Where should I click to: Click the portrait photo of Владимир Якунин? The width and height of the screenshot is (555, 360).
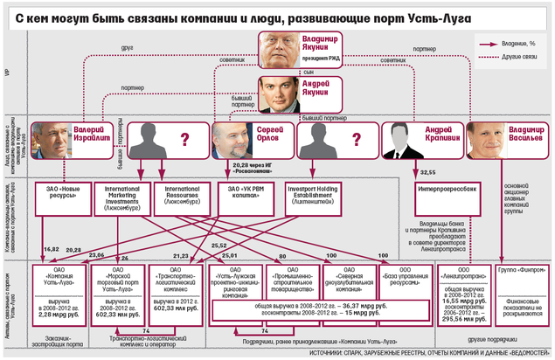pyautogui.click(x=277, y=49)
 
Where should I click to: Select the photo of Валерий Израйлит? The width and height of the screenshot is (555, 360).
pyautogui.click(x=51, y=140)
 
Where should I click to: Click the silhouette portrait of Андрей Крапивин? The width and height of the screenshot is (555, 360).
pyautogui.click(x=400, y=140)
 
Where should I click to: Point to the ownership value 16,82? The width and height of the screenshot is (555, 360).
pyautogui.click(x=50, y=250)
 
